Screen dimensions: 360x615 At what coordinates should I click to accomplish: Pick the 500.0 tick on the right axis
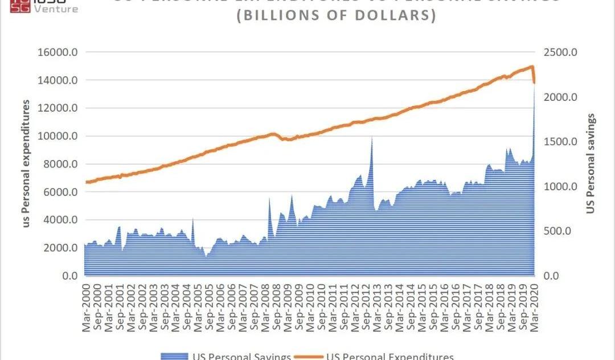(561, 231)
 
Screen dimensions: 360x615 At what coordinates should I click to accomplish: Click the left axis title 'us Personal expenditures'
(26, 164)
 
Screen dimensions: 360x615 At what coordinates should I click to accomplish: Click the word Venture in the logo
(56, 9)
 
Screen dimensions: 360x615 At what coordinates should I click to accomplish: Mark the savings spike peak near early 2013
(372, 137)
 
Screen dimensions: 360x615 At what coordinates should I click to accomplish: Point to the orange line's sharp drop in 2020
(534, 77)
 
